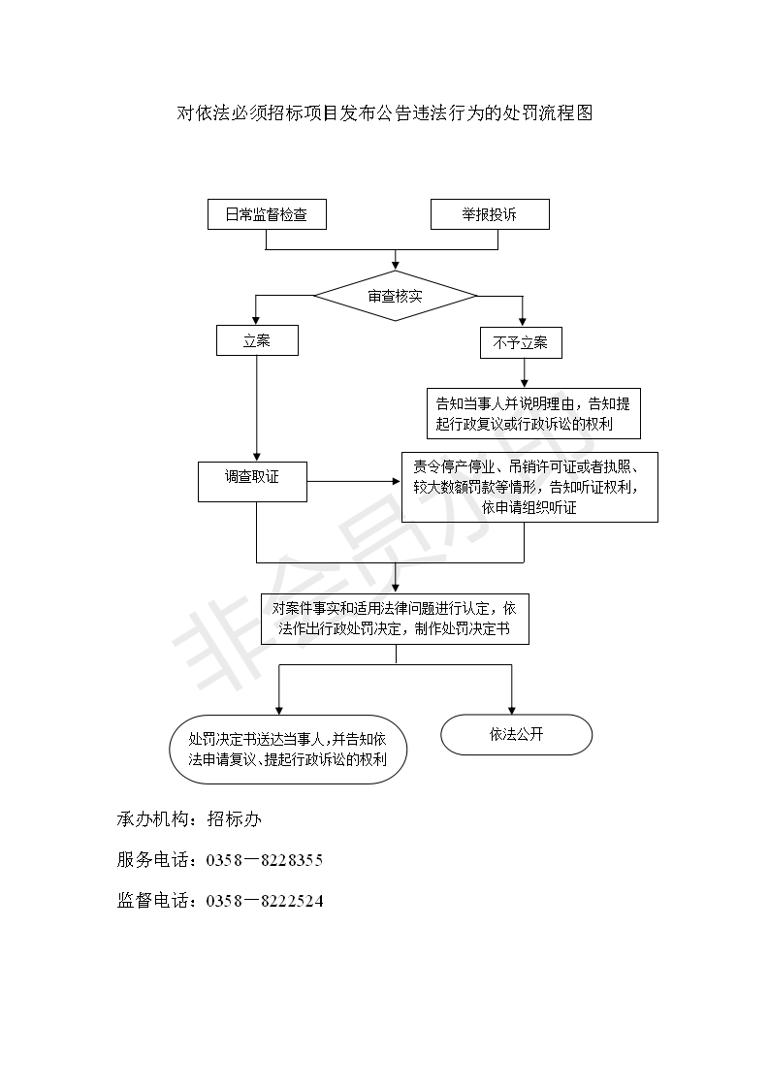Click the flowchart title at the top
pyautogui.click(x=384, y=113)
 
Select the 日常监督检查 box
pyautogui.click(x=267, y=214)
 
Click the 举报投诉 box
pyautogui.click(x=490, y=214)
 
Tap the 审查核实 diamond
pyautogui.click(x=395, y=295)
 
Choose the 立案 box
pyautogui.click(x=256, y=341)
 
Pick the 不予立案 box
pyautogui.click(x=521, y=343)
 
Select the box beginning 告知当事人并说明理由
pyautogui.click(x=533, y=414)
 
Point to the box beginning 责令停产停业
pyautogui.click(x=529, y=487)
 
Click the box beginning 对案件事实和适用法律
pyautogui.click(x=395, y=618)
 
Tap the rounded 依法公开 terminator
pyautogui.click(x=516, y=735)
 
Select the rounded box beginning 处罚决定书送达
pyautogui.click(x=287, y=749)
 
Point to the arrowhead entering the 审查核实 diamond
pyautogui.click(x=395, y=264)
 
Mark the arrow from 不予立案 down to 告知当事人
pyautogui.click(x=524, y=372)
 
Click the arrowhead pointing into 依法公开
pyautogui.click(x=512, y=710)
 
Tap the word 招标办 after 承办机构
pyautogui.click(x=235, y=820)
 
